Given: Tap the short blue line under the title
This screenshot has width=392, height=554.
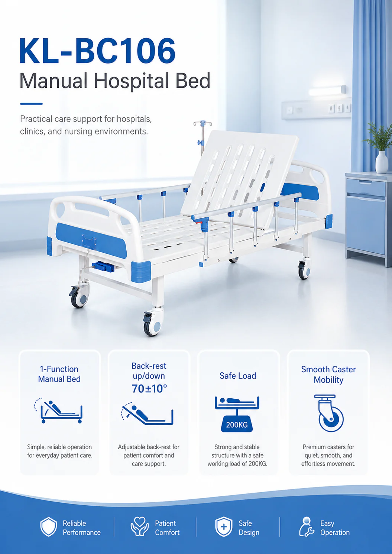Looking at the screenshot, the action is pos(32,104).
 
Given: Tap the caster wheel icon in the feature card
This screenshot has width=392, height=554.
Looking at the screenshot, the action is pos(329,413).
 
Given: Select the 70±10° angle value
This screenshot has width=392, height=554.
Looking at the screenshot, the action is pos(149,389).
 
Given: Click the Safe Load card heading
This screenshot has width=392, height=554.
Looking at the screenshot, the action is pos(238,376).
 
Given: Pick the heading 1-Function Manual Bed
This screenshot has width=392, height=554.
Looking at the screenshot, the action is pos(59,374).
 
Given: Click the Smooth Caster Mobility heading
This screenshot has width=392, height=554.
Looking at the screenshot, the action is pos(328,375).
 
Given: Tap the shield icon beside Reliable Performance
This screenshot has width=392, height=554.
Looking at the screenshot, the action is pos(49,527).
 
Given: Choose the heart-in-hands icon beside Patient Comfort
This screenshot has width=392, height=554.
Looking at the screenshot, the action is pos(139,526).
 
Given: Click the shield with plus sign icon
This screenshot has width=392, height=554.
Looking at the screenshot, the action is pos(224,527).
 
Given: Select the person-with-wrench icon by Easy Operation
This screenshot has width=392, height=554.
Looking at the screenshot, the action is pos(307,527).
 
